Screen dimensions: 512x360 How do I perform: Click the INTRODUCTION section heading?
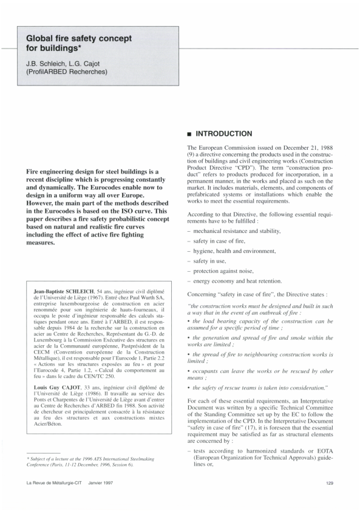[x=222, y=133]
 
